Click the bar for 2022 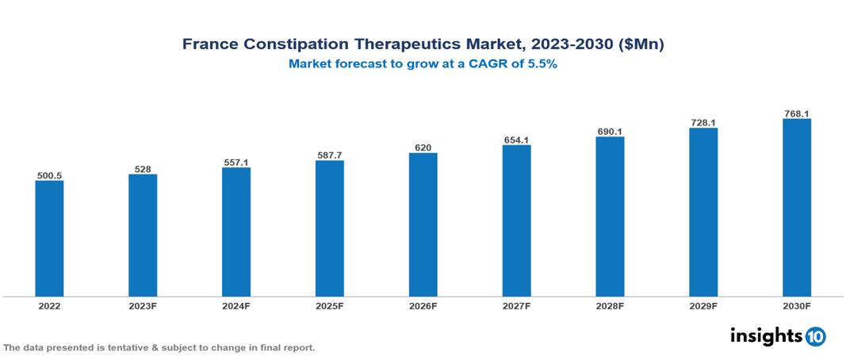point(49,238)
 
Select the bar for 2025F point(329,228)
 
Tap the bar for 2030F point(796,208)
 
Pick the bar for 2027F point(516,220)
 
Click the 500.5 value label point(49,174)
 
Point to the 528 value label point(143,168)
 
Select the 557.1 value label point(236,162)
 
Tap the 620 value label point(423,147)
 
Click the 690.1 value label point(610,131)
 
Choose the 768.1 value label point(796,113)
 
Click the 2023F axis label point(143,306)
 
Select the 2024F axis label point(236,306)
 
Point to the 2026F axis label point(423,306)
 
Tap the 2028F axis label point(610,306)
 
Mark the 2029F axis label point(703,306)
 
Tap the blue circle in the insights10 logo point(815,336)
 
